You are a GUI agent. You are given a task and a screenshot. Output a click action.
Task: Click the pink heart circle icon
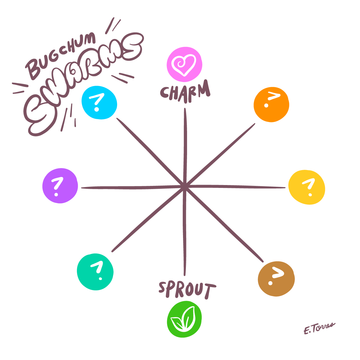coord(184,64)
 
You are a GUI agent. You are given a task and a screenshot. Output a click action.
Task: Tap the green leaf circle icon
coord(184,319)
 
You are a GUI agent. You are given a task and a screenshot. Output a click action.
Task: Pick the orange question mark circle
coord(271,104)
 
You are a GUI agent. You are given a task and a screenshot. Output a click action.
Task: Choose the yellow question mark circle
coord(307,187)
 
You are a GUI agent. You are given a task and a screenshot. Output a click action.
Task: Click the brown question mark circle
coord(276,279)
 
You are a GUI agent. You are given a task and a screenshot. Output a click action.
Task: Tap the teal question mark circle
coord(95,272)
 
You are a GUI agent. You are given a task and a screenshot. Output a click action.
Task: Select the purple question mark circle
coord(60,186)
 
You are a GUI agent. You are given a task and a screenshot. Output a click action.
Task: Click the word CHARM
coord(185,92)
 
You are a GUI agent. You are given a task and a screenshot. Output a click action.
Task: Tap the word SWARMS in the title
coord(83,83)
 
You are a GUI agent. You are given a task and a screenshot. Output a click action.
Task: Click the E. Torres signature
coord(319,328)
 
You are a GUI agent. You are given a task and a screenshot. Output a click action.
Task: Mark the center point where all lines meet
coord(184,187)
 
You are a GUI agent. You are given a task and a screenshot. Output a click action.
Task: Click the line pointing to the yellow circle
coord(236,187)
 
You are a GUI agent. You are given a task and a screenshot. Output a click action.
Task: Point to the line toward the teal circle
coord(147,220)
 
